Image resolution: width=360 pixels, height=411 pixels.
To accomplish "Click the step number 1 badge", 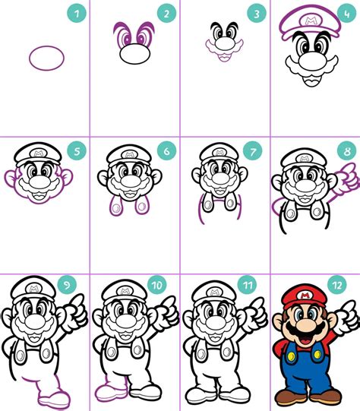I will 75,13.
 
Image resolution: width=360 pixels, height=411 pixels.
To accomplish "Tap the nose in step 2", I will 135,55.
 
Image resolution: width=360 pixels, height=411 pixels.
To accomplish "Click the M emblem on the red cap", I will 304,294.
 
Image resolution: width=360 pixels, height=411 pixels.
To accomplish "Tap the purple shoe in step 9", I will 55,397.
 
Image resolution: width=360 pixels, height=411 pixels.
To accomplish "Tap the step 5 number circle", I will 75,150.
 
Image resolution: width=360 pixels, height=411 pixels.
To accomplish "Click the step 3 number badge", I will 256,13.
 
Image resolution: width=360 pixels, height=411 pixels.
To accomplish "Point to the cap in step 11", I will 213,292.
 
